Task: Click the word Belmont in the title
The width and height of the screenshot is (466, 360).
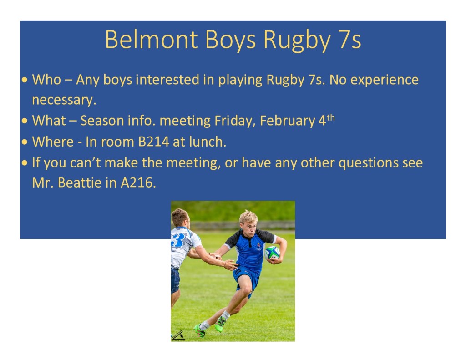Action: pos(152,40)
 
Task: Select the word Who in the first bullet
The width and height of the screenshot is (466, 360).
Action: pos(47,80)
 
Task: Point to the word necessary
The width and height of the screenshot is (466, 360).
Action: pos(64,100)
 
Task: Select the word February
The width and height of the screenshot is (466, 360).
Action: pos(287,121)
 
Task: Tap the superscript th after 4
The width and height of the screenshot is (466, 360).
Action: pos(331,118)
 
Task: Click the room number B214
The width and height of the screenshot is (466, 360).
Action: pos(154,142)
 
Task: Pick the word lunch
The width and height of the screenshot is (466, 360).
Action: pos(208,142)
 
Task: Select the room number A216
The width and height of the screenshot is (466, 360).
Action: pos(138,183)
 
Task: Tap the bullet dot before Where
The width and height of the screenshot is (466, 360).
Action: pos(25,142)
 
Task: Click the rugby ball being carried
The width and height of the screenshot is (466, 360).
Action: pos(272,253)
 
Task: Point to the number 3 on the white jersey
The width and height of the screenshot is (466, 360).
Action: pos(178,240)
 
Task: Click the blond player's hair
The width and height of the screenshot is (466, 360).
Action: pos(249,216)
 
